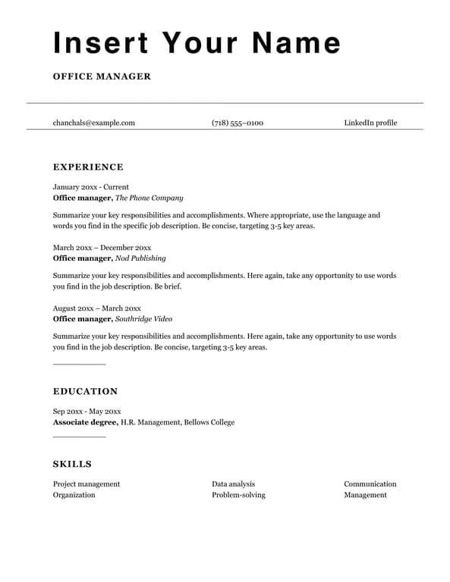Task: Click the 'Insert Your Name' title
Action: point(197,42)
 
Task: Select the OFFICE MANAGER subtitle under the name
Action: point(102,77)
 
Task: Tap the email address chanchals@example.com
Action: point(93,123)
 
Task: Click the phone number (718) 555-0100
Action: point(238,123)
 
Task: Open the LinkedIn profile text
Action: point(370,123)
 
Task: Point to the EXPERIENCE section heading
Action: point(88,167)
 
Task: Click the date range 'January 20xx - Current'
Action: point(91,186)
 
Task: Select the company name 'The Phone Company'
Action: point(149,198)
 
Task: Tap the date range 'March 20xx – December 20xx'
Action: point(102,247)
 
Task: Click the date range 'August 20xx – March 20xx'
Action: point(97,308)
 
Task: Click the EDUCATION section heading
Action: point(85,392)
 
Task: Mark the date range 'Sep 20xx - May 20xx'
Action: point(87,411)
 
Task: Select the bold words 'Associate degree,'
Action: point(86,422)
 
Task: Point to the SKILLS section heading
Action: point(72,465)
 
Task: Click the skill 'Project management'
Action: point(87,483)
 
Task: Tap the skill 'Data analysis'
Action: point(233,483)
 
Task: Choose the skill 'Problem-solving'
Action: point(238,495)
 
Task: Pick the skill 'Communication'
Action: point(370,483)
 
